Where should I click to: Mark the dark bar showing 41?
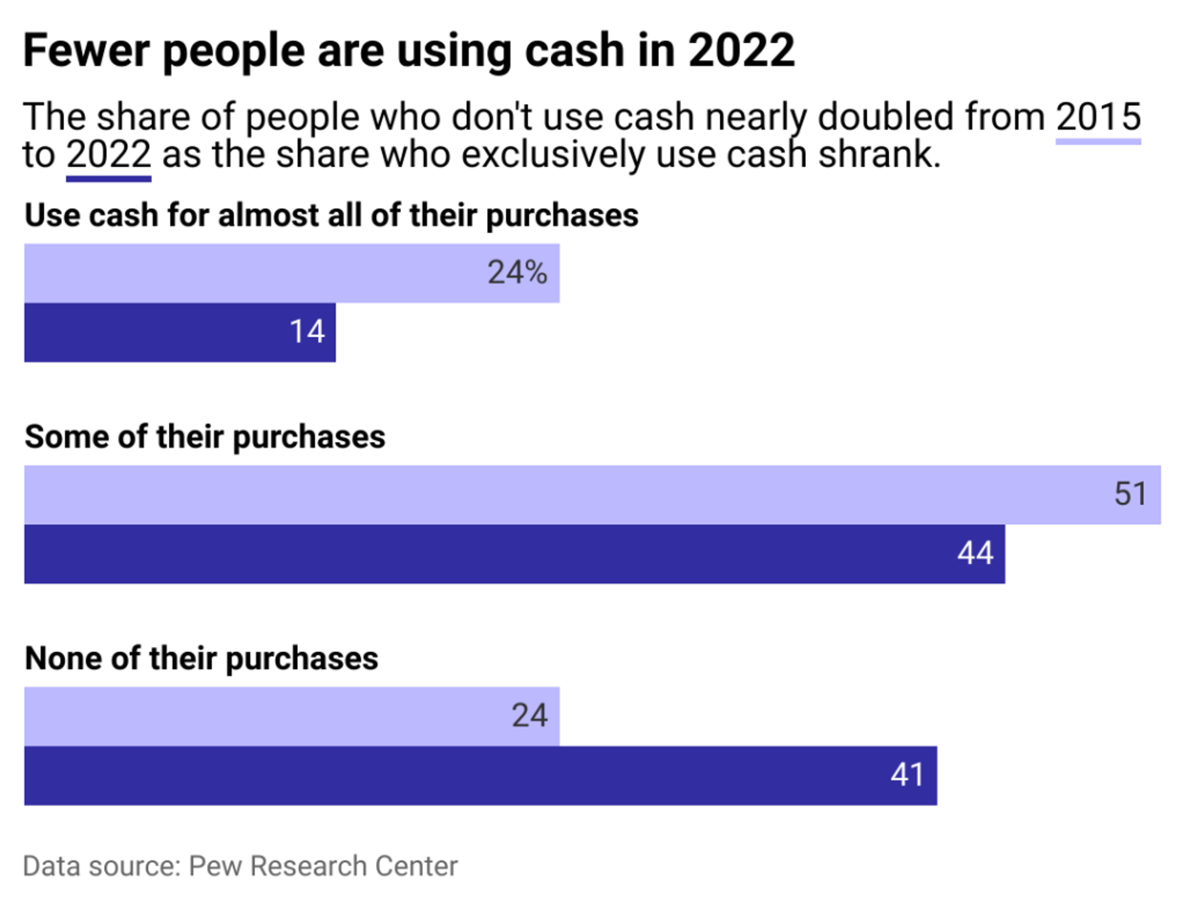pyautogui.click(x=481, y=775)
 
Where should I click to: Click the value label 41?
pyautogui.click(x=908, y=775)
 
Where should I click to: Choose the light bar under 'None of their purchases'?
pyautogui.click(x=292, y=716)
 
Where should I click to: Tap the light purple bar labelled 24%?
pyautogui.click(x=292, y=273)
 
